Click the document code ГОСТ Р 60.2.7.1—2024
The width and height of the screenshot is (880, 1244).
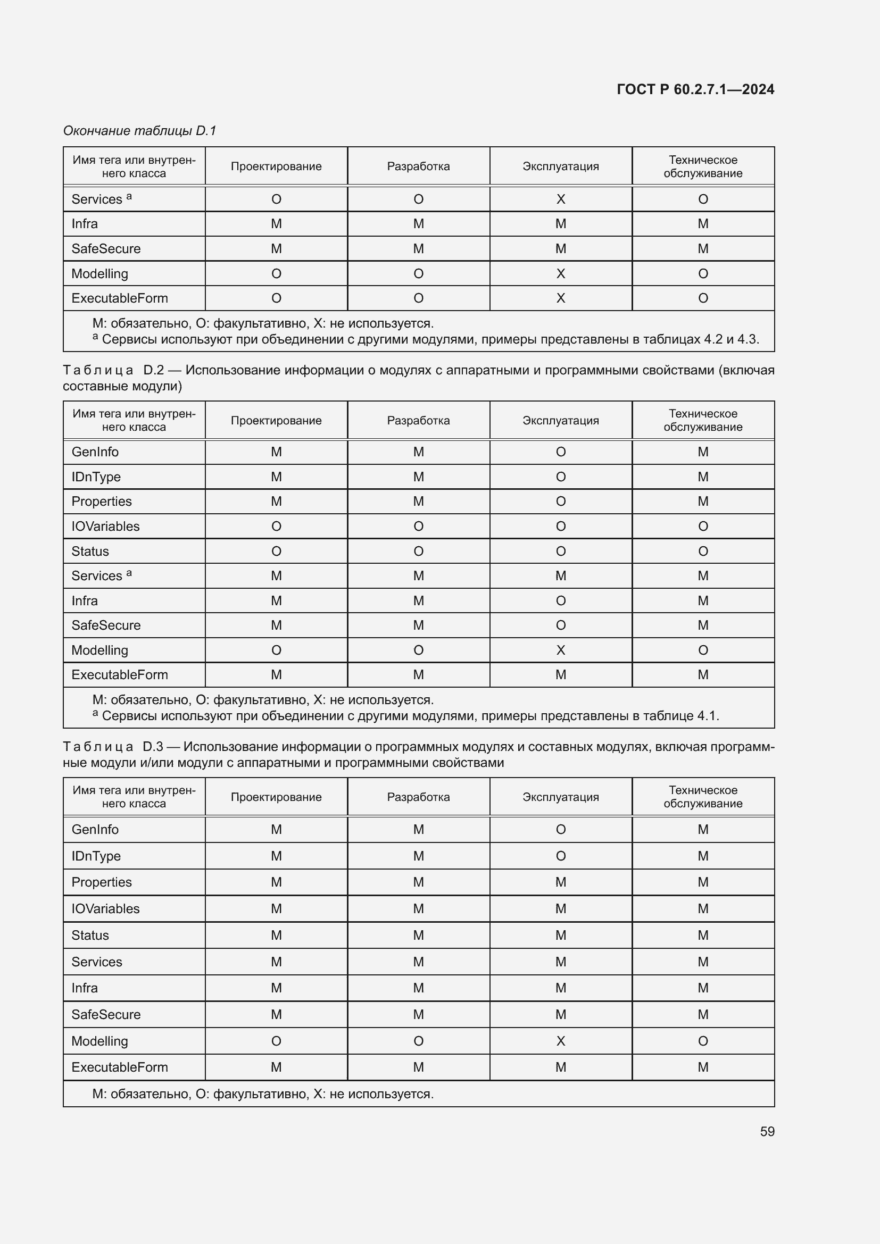click(695, 89)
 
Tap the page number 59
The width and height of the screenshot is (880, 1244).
click(767, 1131)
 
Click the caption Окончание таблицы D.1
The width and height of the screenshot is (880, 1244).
click(139, 131)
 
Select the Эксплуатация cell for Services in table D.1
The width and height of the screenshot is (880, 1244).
click(560, 199)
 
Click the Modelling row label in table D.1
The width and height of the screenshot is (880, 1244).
click(99, 273)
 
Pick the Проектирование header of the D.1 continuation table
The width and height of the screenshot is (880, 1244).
click(276, 166)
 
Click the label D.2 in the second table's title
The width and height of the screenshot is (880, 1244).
click(153, 370)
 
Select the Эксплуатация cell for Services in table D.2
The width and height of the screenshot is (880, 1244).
click(560, 576)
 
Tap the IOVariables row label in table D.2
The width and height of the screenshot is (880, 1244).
click(105, 526)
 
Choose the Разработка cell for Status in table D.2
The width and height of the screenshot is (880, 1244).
click(418, 551)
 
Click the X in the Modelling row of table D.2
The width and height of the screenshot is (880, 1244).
click(560, 650)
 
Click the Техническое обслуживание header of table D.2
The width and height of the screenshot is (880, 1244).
click(703, 421)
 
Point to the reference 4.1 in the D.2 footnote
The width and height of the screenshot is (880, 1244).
click(707, 716)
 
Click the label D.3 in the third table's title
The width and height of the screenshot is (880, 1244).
click(153, 747)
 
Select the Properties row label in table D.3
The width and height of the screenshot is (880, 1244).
click(101, 882)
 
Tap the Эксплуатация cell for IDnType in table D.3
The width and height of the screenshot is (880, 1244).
click(560, 856)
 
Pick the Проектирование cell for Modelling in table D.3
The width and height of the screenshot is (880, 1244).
click(276, 1041)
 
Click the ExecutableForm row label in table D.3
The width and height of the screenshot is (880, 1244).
click(119, 1067)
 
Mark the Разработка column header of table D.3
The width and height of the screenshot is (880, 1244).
click(418, 797)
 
